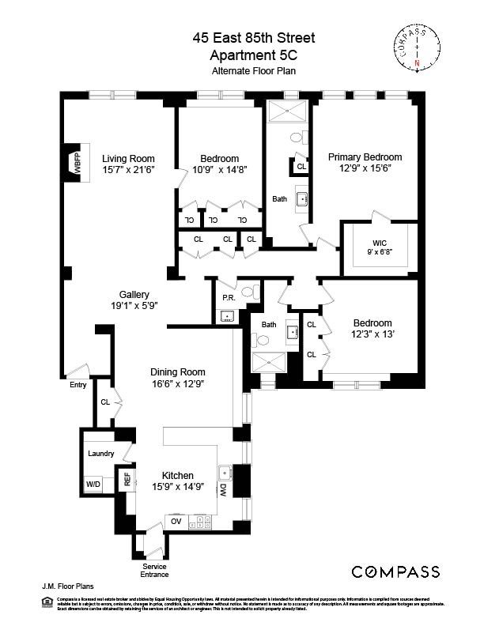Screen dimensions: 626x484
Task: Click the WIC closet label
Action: [x=380, y=243]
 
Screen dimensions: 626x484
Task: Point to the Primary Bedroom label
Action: [x=365, y=157]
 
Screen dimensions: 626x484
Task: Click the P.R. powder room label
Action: [x=228, y=298]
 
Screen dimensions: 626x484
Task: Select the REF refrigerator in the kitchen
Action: [x=126, y=479]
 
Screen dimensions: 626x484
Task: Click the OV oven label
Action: [x=176, y=521]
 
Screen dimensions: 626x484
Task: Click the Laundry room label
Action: [x=100, y=454]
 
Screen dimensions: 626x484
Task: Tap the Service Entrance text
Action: [x=154, y=571]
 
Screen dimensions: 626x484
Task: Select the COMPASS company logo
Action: [x=395, y=571]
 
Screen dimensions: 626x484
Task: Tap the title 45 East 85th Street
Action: [x=241, y=37]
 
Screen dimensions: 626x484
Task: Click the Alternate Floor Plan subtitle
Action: [x=241, y=71]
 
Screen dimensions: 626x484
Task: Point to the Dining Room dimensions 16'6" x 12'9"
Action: [x=178, y=383]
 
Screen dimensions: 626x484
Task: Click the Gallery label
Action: [x=134, y=294]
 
